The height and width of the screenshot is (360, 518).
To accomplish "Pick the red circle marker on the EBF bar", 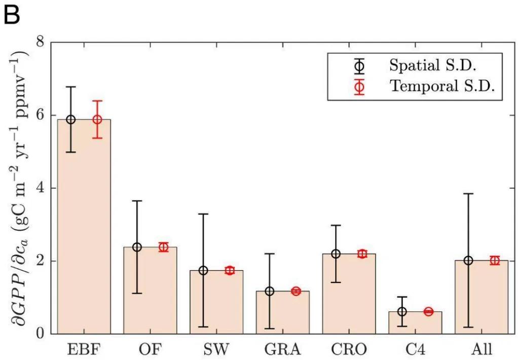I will [97, 120].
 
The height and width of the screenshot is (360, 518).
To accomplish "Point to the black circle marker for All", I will [468, 261].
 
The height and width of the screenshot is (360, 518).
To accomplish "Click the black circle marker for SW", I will [203, 271].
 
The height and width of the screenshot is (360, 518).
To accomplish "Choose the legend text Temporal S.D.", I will [442, 87].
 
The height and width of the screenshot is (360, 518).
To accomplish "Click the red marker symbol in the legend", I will [359, 87].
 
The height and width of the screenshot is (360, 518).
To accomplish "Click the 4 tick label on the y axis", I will [40, 188].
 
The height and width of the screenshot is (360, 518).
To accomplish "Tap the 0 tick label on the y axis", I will [40, 334].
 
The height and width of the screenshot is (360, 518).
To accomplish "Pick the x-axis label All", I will [482, 349].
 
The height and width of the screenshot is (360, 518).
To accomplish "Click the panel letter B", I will [12, 16].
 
